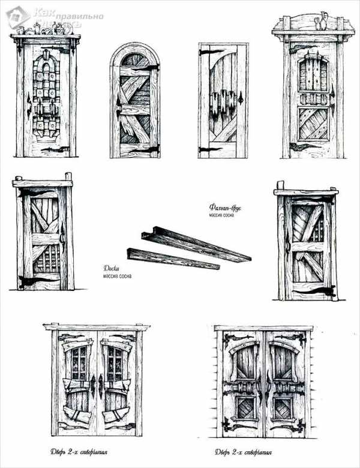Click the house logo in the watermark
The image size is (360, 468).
[x=17, y=17]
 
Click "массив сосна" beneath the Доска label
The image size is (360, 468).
[x=117, y=276]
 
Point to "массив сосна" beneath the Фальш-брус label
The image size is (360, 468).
[x=223, y=215]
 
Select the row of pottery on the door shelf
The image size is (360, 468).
[x=44, y=28]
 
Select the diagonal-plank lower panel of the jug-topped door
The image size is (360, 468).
[x=313, y=124]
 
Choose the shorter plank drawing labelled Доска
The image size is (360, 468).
[x=171, y=259]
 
